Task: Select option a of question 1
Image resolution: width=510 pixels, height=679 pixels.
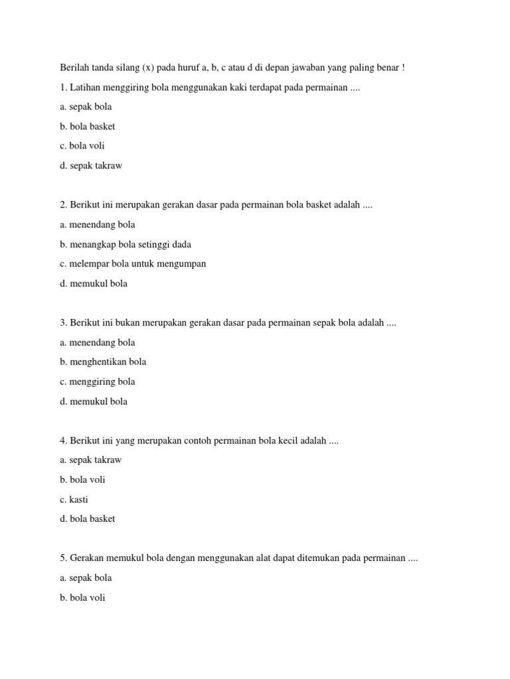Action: click(x=86, y=107)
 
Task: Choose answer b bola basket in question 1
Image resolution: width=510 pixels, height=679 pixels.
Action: click(x=87, y=126)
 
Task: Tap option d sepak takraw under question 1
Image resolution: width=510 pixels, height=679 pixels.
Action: click(x=91, y=166)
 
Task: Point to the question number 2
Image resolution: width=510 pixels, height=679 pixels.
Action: click(x=62, y=206)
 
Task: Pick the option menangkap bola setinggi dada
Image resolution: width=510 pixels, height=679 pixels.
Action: click(x=125, y=245)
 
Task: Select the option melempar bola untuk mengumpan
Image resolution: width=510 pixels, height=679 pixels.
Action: click(x=132, y=264)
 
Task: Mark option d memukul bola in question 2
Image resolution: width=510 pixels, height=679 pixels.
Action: click(x=93, y=284)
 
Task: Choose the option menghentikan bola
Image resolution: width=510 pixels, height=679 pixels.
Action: click(x=103, y=362)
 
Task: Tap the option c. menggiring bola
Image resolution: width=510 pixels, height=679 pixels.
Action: click(x=97, y=382)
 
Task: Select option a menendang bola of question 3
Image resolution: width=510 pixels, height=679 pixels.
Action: click(x=97, y=343)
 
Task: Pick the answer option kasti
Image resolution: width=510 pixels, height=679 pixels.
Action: click(x=74, y=499)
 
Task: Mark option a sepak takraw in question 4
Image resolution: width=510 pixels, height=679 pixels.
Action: click(x=91, y=460)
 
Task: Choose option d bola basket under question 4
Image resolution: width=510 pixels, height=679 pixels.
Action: click(x=87, y=519)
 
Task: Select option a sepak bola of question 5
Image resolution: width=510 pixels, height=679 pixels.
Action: click(x=86, y=578)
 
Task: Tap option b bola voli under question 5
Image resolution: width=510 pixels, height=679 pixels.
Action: click(x=82, y=597)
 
